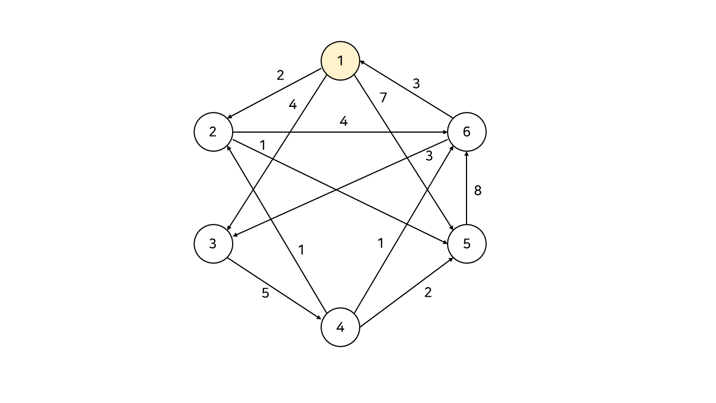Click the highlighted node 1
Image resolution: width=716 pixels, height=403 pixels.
pos(340,60)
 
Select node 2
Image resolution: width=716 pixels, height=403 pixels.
pos(213,132)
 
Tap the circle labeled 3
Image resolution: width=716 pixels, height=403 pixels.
pos(213,244)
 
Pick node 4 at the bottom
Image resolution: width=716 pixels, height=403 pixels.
pos(340,327)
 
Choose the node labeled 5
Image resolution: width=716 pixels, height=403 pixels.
pos(467,244)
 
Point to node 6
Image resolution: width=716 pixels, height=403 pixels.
pos(467,132)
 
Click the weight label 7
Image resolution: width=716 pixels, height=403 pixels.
pos(383,98)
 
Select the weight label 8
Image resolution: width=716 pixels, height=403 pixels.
pos(478,191)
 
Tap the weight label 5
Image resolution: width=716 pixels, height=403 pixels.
pos(265,293)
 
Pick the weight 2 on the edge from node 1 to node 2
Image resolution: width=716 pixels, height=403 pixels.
pos(280,75)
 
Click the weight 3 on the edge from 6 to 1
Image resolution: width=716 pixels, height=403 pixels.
pos(416,84)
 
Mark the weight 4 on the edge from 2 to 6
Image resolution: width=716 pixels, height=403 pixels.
pos(343,121)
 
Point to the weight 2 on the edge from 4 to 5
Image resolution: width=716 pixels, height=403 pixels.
pos(428,292)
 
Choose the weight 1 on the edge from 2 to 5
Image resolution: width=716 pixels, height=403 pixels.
pos(262,145)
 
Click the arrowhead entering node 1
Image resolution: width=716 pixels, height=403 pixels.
pos(362,62)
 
